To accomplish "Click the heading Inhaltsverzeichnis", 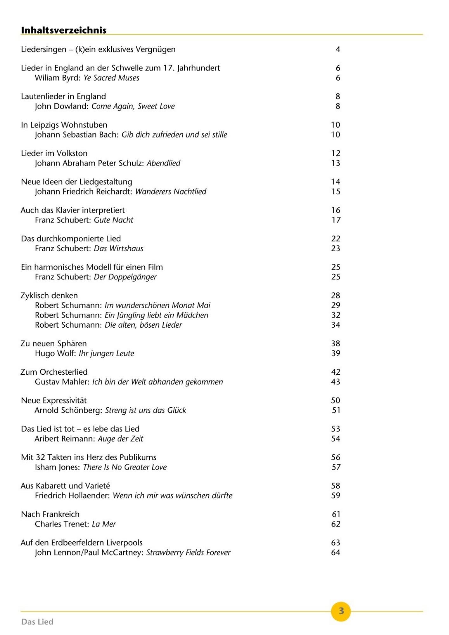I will [64, 30].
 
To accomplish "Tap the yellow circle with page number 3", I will [341, 611].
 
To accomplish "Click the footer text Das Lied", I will [37, 621].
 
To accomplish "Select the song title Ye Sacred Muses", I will [111, 78].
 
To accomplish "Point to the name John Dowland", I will [61, 106].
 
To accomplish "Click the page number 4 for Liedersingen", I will [338, 49].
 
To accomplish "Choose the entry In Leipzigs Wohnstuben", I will [64, 125].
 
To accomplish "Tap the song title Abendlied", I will [163, 163].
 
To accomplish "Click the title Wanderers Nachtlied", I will [171, 191].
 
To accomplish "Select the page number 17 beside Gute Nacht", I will [336, 220].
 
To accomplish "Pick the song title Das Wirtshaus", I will [118, 248].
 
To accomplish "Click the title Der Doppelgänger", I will [125, 277].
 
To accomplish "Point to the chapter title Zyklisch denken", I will [49, 296].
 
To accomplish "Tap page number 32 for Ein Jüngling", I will [336, 315].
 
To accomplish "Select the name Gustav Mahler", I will [62, 382].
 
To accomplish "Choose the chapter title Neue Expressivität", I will [54, 400].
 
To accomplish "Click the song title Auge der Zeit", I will [120, 439].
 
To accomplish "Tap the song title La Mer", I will [104, 524].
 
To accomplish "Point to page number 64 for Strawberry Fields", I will [336, 552].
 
